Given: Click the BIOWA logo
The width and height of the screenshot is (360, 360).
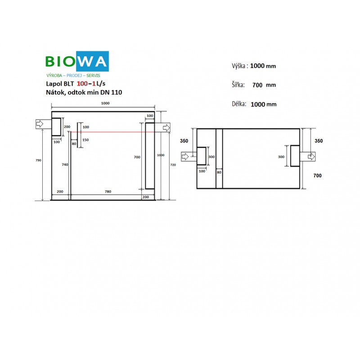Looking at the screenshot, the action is point(77,61).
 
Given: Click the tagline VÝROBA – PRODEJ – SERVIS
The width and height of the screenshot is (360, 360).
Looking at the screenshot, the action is point(73,76).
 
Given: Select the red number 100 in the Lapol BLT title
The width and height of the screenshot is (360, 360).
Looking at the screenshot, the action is point(82,84).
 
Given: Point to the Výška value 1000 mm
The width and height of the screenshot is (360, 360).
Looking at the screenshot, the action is point(263,66).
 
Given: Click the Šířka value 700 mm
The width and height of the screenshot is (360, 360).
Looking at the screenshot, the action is point(264,85).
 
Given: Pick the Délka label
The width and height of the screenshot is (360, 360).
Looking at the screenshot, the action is point(239,104).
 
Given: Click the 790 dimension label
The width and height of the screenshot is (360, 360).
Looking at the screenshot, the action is point(38,160).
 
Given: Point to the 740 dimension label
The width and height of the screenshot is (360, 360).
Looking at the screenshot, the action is point(65,165).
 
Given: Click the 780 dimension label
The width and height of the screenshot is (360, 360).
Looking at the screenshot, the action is point(108,192).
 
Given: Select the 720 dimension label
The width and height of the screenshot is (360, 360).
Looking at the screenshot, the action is point(173,165).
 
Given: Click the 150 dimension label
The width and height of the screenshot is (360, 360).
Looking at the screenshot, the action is point(85,140).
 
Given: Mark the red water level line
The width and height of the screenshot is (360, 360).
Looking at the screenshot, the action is point(112,132).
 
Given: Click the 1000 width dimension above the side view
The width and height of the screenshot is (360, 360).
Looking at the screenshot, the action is point(105,103).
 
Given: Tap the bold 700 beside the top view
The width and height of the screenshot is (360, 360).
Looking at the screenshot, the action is point(318,175).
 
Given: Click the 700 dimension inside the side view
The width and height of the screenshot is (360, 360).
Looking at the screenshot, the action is point(137,157).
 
